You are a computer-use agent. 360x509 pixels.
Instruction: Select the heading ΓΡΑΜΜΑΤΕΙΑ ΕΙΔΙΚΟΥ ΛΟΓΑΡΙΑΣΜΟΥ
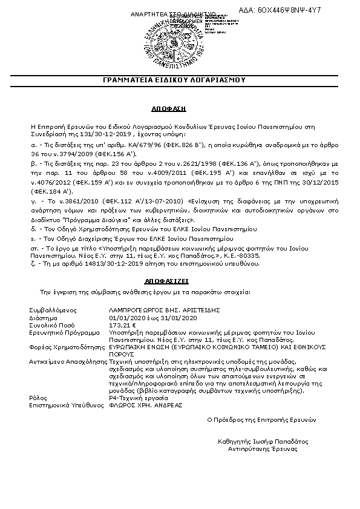[180, 79]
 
